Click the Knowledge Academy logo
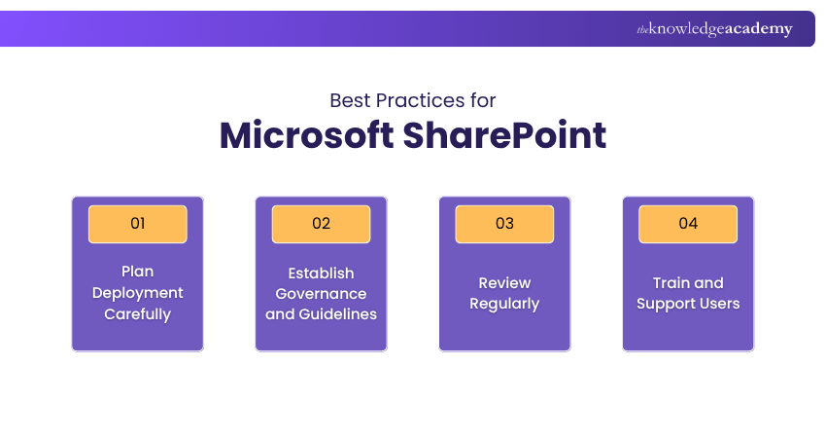click(x=714, y=28)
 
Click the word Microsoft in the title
click(x=306, y=135)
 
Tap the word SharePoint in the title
click(x=504, y=135)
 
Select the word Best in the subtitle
click(x=350, y=100)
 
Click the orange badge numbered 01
click(x=137, y=224)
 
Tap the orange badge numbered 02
click(x=321, y=224)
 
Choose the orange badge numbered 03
click(x=504, y=224)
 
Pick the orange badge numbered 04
click(x=688, y=224)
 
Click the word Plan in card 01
click(x=137, y=272)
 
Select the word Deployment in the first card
click(x=137, y=293)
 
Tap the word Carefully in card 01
click(x=137, y=314)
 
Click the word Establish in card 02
click(x=321, y=274)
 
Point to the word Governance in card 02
click(x=321, y=294)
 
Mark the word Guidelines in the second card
click(x=337, y=314)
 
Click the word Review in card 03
click(x=504, y=283)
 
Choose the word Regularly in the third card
click(x=504, y=305)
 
